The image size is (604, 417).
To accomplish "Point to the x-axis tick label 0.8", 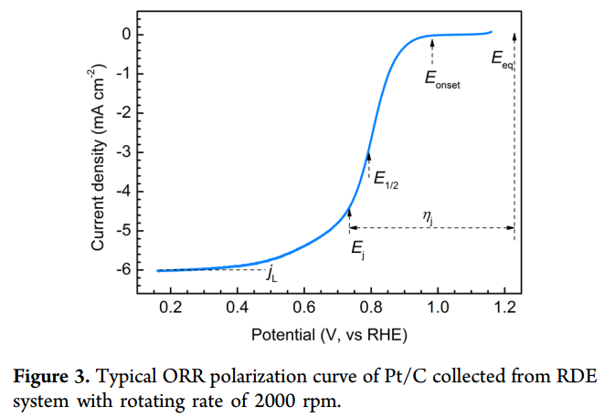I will [371, 308].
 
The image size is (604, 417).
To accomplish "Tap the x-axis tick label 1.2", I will [504, 308].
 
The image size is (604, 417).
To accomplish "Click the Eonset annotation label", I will [442, 79].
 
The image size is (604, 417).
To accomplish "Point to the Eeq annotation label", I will [502, 60].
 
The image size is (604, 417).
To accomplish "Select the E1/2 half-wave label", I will [387, 179].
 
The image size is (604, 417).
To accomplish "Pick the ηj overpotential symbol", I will [428, 215].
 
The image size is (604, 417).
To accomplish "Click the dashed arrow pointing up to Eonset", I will [432, 50].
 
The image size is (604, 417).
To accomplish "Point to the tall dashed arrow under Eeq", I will [514, 137].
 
